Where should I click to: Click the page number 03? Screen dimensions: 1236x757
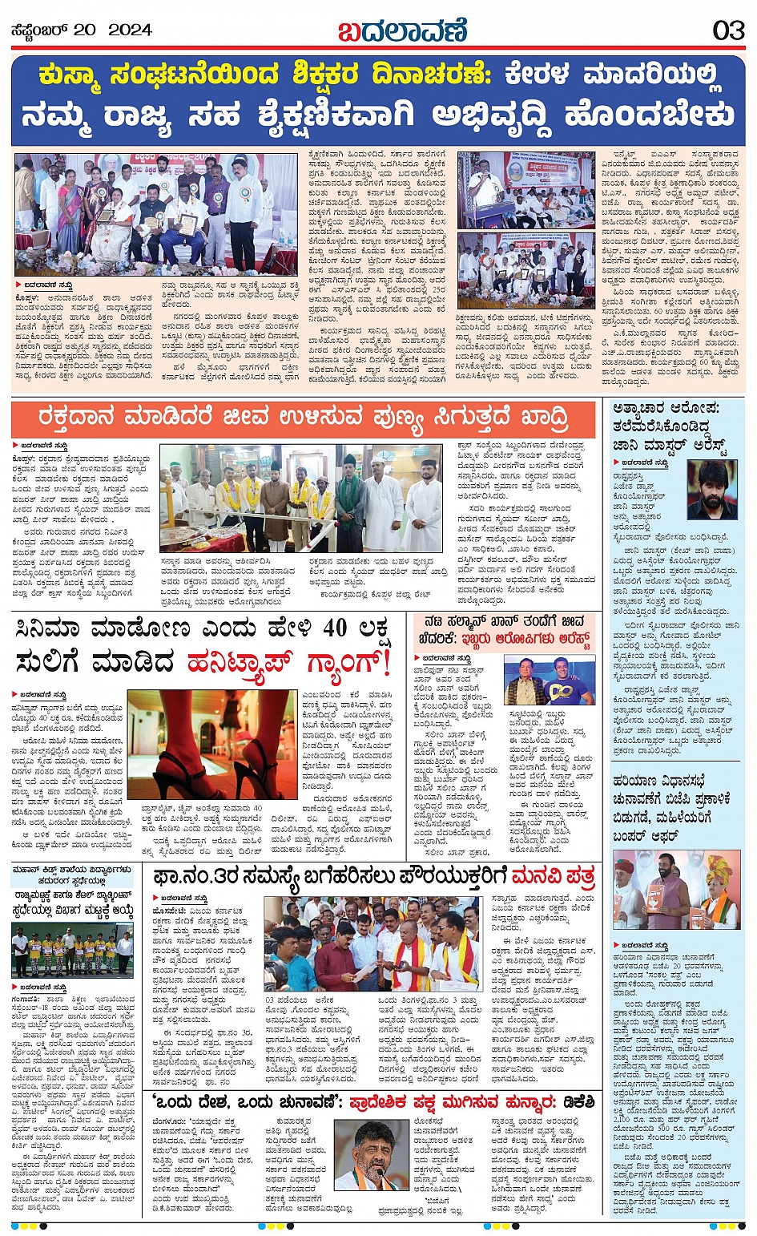click(728, 30)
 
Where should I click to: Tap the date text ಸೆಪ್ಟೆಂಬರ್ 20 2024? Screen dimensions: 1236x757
click(81, 30)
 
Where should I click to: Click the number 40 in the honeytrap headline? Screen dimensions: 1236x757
click(336, 628)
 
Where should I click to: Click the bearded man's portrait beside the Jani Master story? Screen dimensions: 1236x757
click(711, 491)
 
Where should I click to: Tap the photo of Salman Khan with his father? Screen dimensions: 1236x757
click(549, 680)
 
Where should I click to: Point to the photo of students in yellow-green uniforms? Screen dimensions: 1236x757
click(72, 951)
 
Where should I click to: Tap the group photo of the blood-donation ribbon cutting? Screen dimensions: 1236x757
click(301, 499)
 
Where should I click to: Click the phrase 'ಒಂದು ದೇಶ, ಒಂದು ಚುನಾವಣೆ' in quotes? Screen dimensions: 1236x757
click(240, 1104)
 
